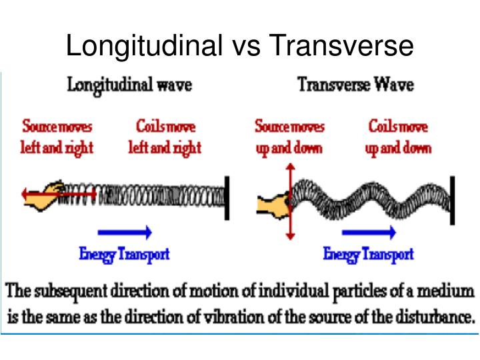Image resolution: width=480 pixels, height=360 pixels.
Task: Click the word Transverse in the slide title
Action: pos(342,46)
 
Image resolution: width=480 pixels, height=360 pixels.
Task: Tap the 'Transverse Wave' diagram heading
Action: pos(355,86)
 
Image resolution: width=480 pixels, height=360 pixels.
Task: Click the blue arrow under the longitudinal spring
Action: pos(125,233)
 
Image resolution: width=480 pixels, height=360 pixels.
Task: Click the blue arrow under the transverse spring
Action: pos(369,233)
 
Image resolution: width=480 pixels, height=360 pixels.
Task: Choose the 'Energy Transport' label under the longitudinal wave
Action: pos(125,253)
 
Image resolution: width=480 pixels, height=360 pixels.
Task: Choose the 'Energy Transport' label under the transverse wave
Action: pos(368,253)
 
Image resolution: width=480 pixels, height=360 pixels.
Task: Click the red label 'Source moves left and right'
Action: pos(57,137)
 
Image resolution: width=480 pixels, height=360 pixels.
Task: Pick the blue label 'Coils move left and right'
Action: pos(165,137)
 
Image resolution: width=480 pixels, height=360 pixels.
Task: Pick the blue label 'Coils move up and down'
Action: pos(398,137)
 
